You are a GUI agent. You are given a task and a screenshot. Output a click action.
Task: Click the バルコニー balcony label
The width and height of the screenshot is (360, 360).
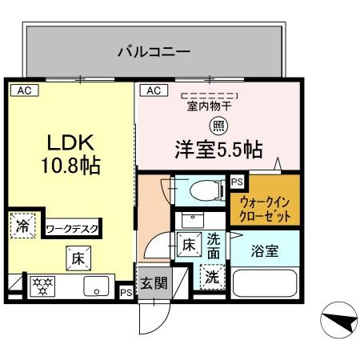pos(154,52)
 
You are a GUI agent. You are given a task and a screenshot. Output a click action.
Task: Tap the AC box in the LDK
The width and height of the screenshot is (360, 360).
pos(24,90)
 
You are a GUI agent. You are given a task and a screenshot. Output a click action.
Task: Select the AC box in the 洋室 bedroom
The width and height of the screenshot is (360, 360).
pos(154,90)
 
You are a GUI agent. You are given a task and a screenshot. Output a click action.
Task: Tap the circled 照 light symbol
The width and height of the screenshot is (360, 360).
pos(217,126)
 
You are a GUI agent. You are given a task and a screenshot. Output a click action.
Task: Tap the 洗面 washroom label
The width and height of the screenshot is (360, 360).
pos(214,245)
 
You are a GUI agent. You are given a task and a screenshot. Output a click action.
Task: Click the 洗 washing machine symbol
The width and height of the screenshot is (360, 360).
pos(212,278)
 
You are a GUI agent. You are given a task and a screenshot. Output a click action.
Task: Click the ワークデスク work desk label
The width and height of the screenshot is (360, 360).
pos(72,229)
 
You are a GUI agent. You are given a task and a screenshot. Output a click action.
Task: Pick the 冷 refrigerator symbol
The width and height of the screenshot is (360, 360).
pos(22,226)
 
